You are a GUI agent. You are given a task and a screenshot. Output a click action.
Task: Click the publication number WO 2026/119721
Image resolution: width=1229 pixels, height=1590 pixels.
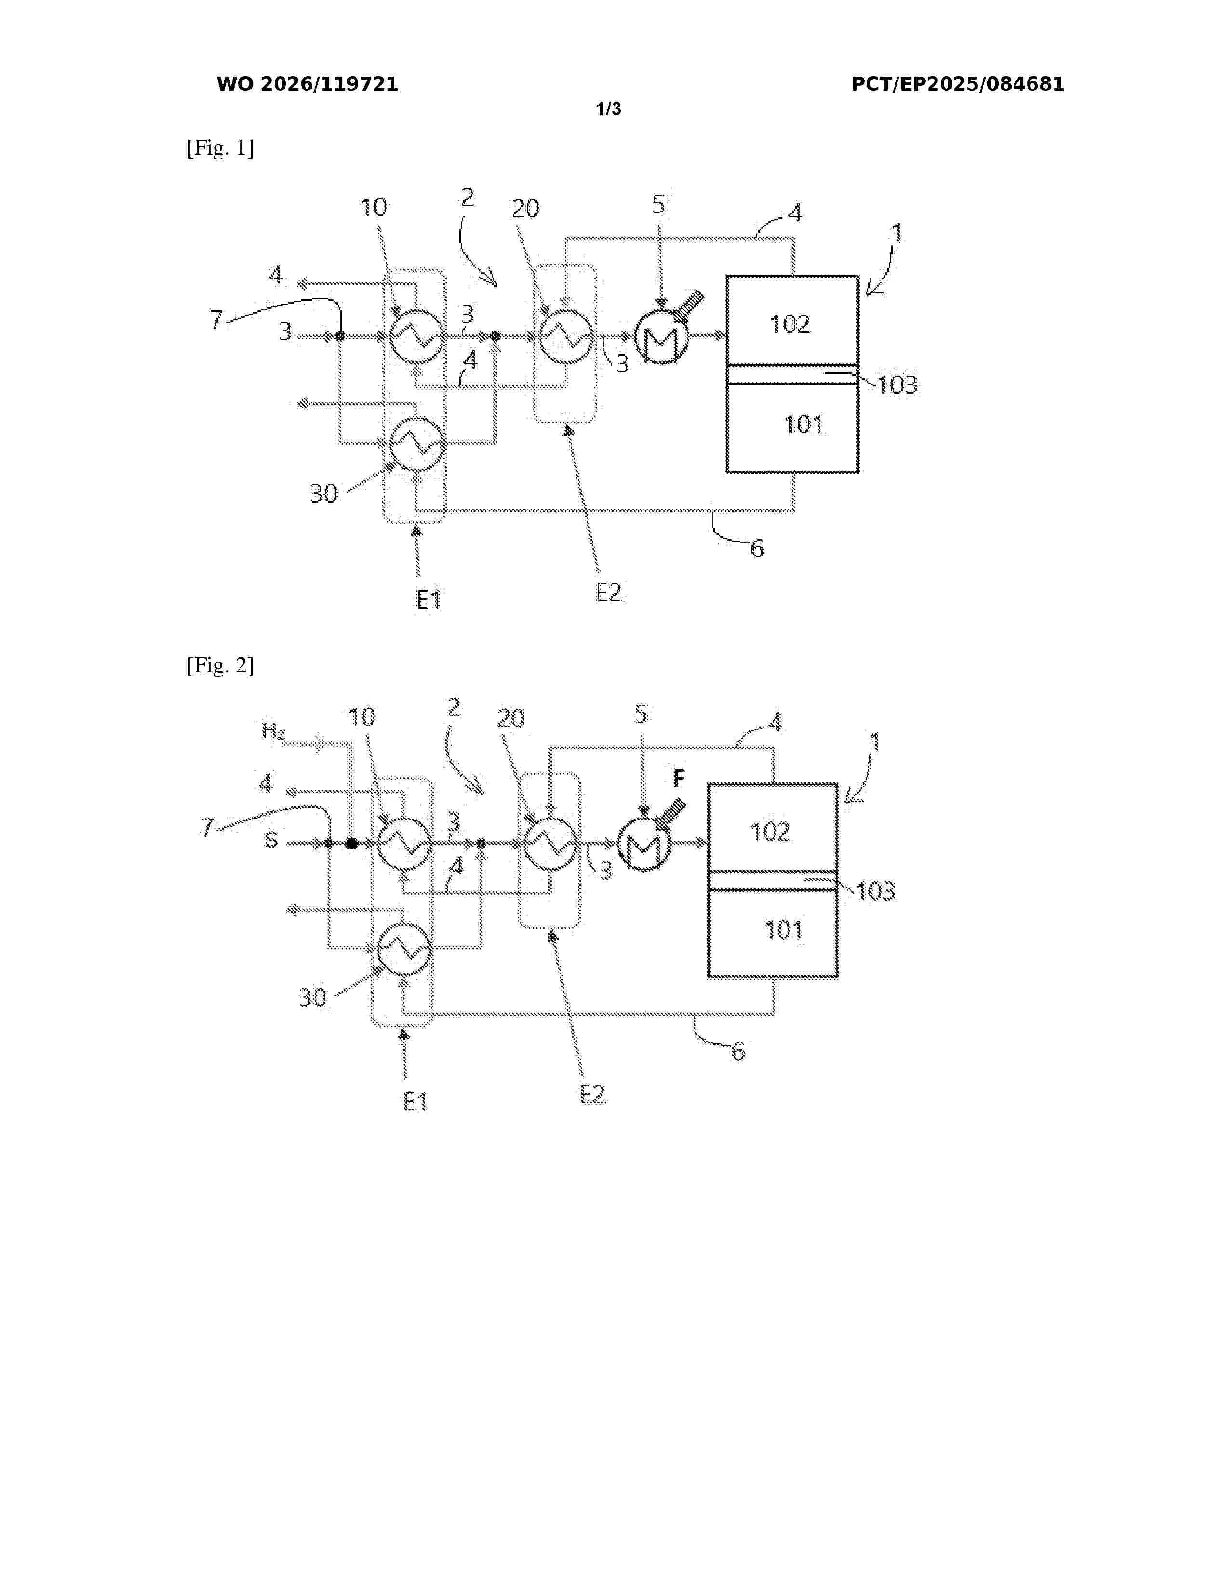coord(307,84)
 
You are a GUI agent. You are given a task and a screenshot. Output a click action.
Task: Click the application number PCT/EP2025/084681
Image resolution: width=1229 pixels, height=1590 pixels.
coord(958,84)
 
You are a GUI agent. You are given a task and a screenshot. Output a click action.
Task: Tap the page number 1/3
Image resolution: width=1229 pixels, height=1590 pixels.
coord(609,109)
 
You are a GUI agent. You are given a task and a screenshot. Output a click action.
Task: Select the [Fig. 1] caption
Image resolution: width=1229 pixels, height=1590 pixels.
coord(220,148)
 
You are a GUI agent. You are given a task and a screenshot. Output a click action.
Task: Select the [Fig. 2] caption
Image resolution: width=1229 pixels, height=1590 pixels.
coord(220,665)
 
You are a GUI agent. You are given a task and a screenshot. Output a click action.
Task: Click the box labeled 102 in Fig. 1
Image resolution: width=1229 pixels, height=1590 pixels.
coord(792,320)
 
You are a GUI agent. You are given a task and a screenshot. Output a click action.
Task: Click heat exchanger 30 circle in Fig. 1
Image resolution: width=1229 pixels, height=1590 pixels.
coord(416,443)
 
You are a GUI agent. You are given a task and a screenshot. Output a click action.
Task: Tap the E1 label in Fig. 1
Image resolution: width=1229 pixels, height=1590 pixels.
coord(429,600)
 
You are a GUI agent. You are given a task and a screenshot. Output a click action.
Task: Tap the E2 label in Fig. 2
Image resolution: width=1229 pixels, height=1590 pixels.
coord(592,1094)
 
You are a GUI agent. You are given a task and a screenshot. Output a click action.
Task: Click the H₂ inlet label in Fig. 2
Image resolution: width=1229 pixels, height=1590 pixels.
coord(273,730)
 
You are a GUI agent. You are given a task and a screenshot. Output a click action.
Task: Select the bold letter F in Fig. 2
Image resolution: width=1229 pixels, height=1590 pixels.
coord(679,778)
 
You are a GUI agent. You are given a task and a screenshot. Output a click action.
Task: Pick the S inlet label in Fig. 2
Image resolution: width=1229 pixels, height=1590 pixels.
coord(271,840)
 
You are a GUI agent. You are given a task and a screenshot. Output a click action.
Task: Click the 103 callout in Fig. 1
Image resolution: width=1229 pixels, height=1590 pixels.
coord(897,384)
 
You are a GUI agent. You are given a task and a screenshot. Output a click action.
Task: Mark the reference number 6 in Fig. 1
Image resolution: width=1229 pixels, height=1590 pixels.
coord(757,549)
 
